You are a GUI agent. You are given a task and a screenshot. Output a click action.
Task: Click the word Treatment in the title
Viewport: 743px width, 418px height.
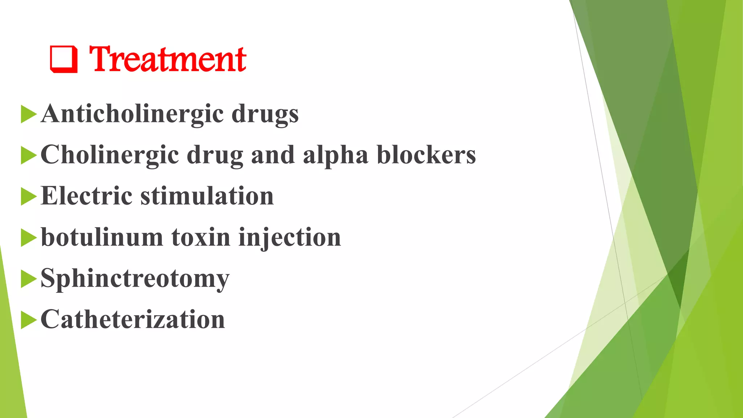pyautogui.click(x=168, y=59)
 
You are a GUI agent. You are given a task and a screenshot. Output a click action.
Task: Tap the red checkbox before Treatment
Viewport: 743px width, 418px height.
pyautogui.click(x=64, y=59)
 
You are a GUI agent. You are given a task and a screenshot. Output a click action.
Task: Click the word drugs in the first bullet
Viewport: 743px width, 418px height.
pyautogui.click(x=265, y=114)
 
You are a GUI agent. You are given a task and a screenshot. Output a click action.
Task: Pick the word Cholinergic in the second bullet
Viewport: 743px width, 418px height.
pyautogui.click(x=110, y=155)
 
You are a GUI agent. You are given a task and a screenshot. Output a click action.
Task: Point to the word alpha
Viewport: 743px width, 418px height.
pyautogui.click(x=336, y=155)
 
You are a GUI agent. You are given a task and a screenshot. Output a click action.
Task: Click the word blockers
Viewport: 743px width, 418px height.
pyautogui.click(x=426, y=155)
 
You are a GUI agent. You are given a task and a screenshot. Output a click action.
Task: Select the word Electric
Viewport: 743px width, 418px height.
pyautogui.click(x=86, y=196)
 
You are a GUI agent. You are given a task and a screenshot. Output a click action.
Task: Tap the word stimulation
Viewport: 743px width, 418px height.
pyautogui.click(x=207, y=196)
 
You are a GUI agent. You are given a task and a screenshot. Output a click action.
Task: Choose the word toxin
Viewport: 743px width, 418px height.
pyautogui.click(x=201, y=237)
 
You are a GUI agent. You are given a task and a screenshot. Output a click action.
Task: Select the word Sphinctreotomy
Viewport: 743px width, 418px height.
pyautogui.click(x=135, y=279)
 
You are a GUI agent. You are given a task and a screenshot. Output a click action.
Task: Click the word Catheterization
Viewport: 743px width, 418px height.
pyautogui.click(x=133, y=320)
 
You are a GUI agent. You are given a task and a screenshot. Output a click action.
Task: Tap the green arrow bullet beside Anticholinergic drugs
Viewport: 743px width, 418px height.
pyautogui.click(x=29, y=114)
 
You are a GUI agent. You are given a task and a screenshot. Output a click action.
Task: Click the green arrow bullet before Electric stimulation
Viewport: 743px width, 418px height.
pyautogui.click(x=29, y=196)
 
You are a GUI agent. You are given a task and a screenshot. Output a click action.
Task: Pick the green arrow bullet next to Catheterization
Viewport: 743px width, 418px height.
pyautogui.click(x=29, y=320)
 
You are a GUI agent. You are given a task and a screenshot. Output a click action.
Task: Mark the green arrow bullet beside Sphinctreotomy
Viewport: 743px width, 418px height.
pyautogui.click(x=29, y=279)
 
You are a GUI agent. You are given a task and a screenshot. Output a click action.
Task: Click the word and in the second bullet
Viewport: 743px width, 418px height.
pyautogui.click(x=273, y=155)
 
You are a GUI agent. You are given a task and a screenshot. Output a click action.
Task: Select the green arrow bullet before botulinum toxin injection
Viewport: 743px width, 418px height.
pyautogui.click(x=29, y=238)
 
